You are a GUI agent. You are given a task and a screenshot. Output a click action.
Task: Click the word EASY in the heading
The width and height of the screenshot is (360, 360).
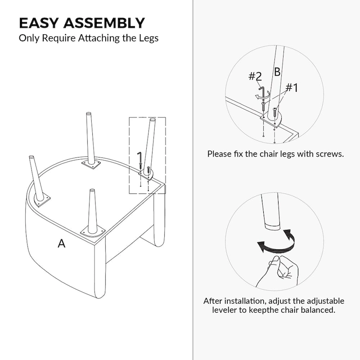[x=39, y=23]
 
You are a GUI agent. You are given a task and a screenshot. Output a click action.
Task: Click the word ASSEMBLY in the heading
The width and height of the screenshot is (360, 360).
[x=104, y=23]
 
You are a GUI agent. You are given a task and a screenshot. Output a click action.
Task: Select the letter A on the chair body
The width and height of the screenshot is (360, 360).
[x=61, y=243]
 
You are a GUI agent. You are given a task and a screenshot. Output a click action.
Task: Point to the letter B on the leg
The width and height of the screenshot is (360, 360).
[x=277, y=72]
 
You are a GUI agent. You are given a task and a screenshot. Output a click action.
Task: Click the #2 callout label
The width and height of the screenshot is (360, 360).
[x=255, y=76]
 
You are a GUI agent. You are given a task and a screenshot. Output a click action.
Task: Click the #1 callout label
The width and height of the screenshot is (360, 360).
[x=292, y=87]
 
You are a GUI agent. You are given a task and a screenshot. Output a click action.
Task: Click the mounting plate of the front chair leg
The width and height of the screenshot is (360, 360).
[x=92, y=233]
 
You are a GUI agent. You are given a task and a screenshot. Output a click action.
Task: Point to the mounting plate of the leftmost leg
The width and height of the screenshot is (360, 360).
[x=42, y=201]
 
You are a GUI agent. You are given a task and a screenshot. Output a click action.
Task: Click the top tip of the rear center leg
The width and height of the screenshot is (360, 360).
[x=89, y=113]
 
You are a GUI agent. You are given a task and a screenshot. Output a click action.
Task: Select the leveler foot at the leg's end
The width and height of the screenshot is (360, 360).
[x=272, y=227]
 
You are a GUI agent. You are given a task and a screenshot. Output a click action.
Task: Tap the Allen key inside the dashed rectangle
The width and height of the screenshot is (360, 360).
[x=139, y=157]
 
